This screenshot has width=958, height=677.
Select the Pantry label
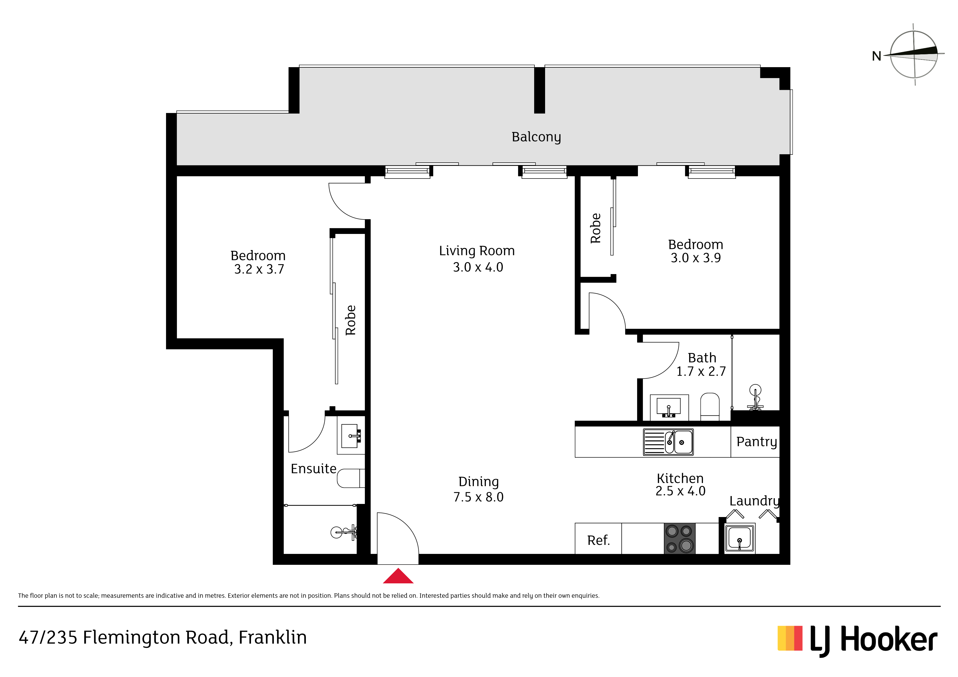pos(756,442)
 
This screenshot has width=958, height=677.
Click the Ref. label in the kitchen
pos(598,541)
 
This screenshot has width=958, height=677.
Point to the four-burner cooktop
pos(680,539)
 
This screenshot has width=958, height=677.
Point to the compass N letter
pos(877,56)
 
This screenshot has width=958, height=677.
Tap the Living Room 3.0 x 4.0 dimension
pos(478,267)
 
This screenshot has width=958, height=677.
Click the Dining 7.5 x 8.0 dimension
pos(478,497)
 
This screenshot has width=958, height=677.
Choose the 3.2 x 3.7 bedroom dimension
pos(259,269)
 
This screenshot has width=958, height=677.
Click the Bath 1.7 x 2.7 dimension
pos(701,372)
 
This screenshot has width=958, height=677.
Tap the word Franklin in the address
pos(273,638)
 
